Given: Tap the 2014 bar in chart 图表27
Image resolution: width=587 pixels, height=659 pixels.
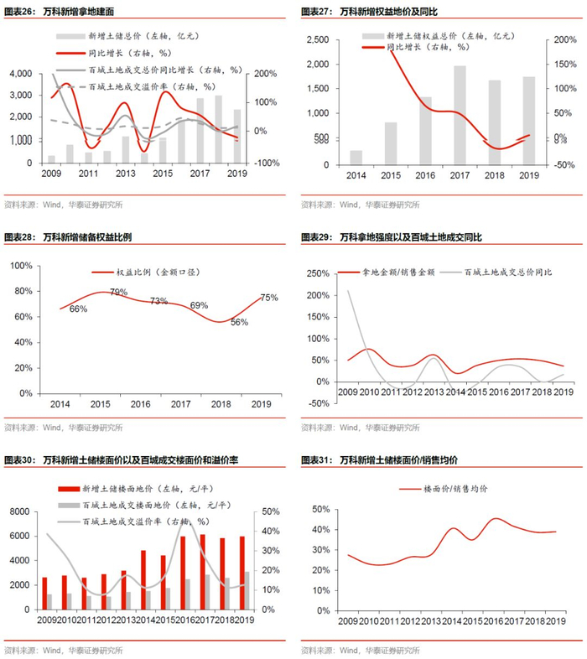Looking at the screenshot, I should coord(356,157).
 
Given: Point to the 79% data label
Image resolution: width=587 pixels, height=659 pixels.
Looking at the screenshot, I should coord(118,292).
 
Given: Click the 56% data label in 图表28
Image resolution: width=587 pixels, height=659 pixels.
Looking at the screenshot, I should coord(239,323).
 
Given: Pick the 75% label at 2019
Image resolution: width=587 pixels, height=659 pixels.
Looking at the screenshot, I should coord(269,298).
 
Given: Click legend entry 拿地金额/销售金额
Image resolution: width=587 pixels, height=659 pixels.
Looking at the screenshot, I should coord(393,272).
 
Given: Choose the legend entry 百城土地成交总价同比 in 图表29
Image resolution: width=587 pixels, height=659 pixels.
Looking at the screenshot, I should coord(503,272).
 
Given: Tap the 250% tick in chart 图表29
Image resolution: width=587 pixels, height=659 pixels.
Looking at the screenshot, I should coord(317,273).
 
